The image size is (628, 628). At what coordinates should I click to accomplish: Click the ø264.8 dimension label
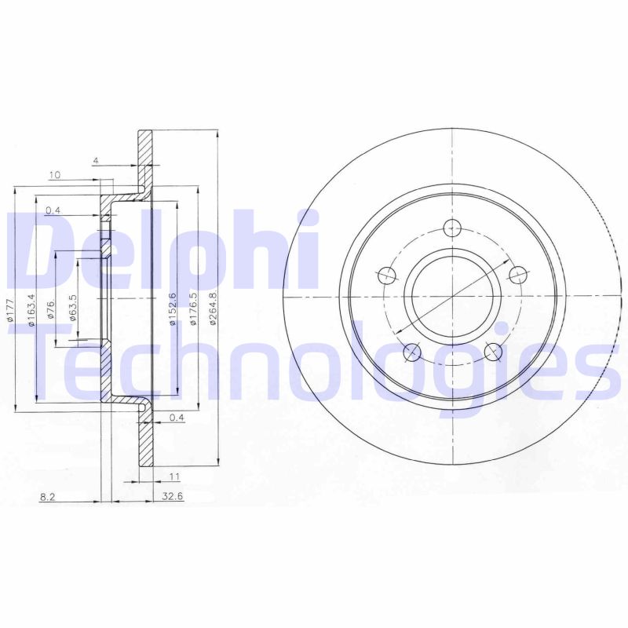[213, 307]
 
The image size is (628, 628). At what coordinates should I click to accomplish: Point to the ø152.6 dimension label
[171, 308]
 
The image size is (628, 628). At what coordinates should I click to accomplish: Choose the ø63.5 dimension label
[72, 308]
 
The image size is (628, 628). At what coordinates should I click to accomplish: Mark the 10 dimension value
[54, 175]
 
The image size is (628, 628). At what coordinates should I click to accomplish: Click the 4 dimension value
[95, 161]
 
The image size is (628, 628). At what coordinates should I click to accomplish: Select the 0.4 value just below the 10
[53, 210]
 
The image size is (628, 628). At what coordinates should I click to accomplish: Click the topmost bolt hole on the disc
[453, 229]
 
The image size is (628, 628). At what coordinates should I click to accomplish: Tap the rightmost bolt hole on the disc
[517, 275]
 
